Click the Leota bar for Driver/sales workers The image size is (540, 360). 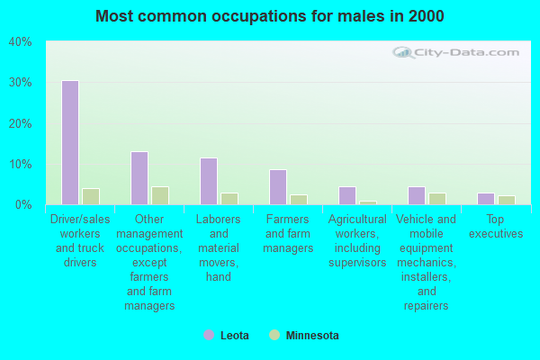(x=69, y=142)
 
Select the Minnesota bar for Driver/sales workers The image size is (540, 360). (x=90, y=196)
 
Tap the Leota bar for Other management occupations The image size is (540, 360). (x=139, y=178)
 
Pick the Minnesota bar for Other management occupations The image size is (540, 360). (x=159, y=195)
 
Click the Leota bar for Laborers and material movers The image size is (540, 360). (x=208, y=181)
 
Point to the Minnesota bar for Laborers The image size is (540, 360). (x=229, y=199)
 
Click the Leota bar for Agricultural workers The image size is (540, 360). (x=346, y=195)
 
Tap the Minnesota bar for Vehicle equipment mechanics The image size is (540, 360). (x=436, y=199)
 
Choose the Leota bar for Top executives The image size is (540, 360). (x=485, y=199)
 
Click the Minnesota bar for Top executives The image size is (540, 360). (x=506, y=200)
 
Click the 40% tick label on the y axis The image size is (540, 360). (x=20, y=42)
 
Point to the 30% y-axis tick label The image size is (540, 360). (x=20, y=83)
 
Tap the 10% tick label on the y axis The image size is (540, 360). (x=20, y=164)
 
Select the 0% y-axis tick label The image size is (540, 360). (x=23, y=205)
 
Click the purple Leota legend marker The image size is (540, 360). (x=209, y=335)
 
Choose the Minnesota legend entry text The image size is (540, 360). (x=312, y=336)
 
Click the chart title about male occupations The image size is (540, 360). (x=270, y=16)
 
